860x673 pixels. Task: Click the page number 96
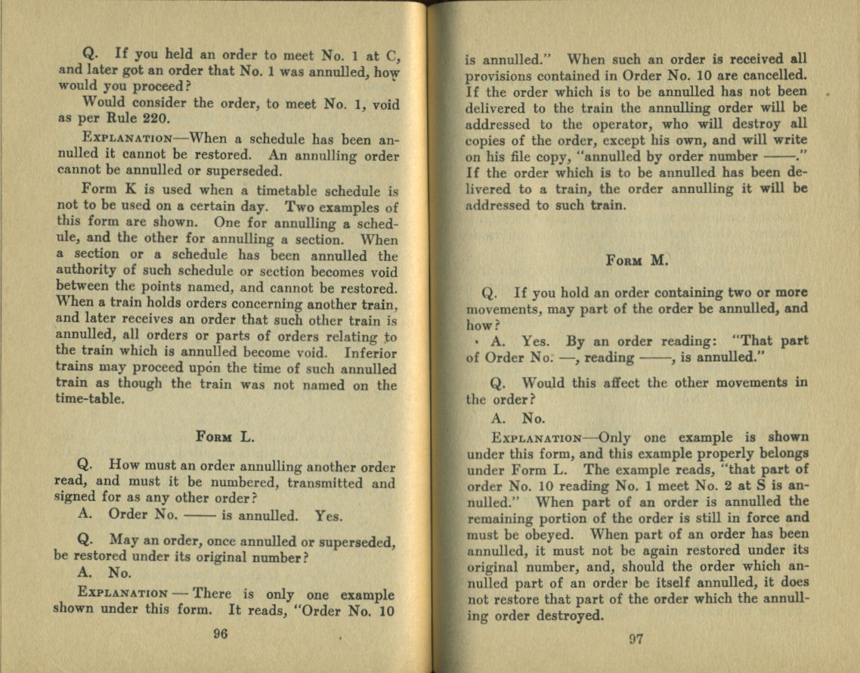(221, 634)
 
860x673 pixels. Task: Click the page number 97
(636, 639)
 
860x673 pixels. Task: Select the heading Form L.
(225, 436)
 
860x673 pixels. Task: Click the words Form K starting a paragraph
(107, 189)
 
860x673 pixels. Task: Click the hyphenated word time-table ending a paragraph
(89, 401)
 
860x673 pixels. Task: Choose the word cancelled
(775, 76)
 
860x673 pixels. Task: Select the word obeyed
(542, 535)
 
